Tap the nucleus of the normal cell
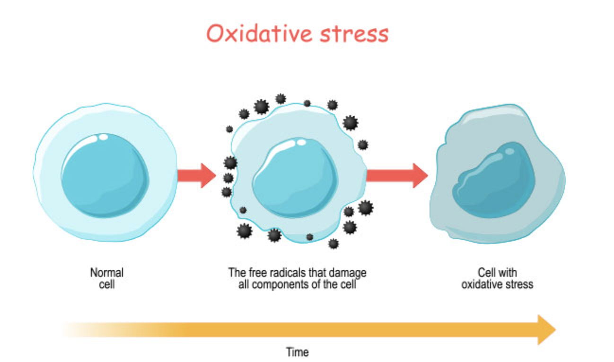(x=105, y=174)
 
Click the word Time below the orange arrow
(x=298, y=352)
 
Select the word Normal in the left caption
(x=107, y=273)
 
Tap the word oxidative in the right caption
(x=482, y=284)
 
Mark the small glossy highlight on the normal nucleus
(x=103, y=138)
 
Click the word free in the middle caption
(x=256, y=273)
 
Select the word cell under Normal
(x=107, y=284)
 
